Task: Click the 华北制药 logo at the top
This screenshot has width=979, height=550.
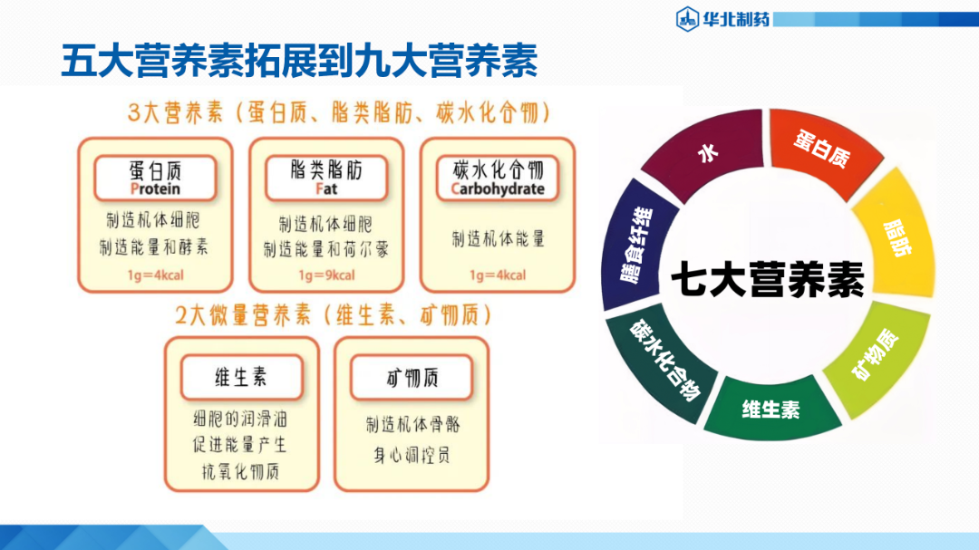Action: click(x=723, y=16)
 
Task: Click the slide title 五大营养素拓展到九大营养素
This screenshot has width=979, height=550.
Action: click(x=299, y=61)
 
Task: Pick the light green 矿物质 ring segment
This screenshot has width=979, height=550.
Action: click(x=874, y=357)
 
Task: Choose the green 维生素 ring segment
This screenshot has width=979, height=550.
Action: click(x=771, y=409)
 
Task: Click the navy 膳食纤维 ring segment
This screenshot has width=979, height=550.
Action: click(x=635, y=246)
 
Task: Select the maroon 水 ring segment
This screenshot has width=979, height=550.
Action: click(x=706, y=155)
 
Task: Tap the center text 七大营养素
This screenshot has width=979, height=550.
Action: click(x=768, y=277)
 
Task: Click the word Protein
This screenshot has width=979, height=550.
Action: click(x=155, y=189)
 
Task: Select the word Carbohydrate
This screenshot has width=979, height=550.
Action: click(x=498, y=189)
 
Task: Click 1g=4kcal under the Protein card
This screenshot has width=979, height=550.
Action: click(x=155, y=275)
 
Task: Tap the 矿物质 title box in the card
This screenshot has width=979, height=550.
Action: click(x=412, y=378)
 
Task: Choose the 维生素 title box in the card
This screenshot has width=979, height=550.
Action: click(x=241, y=378)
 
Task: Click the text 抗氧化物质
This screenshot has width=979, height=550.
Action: click(x=241, y=472)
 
